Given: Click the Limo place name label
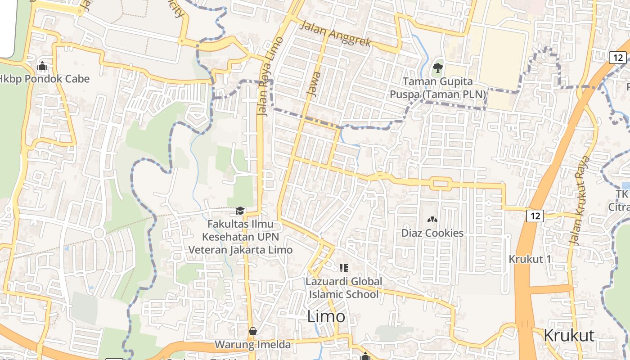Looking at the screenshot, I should click(326, 316).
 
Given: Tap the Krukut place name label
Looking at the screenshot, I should click(569, 335).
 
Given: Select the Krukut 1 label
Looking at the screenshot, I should click(530, 259).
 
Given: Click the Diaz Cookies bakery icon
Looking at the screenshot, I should click(432, 220).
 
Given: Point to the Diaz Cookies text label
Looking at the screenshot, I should click(432, 233).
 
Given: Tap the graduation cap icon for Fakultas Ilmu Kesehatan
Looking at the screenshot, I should click(240, 211).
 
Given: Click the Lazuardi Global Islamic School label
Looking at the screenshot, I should click(344, 288).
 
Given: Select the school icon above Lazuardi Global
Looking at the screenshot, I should click(344, 269).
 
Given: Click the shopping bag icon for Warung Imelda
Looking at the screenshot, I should click(253, 331).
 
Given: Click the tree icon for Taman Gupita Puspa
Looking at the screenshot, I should click(437, 68).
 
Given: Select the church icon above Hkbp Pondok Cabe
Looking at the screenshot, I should click(42, 67).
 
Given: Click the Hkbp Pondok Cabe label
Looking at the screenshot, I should click(45, 79).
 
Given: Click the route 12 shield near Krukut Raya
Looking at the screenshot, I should click(535, 216).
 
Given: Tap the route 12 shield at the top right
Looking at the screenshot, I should click(618, 57).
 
